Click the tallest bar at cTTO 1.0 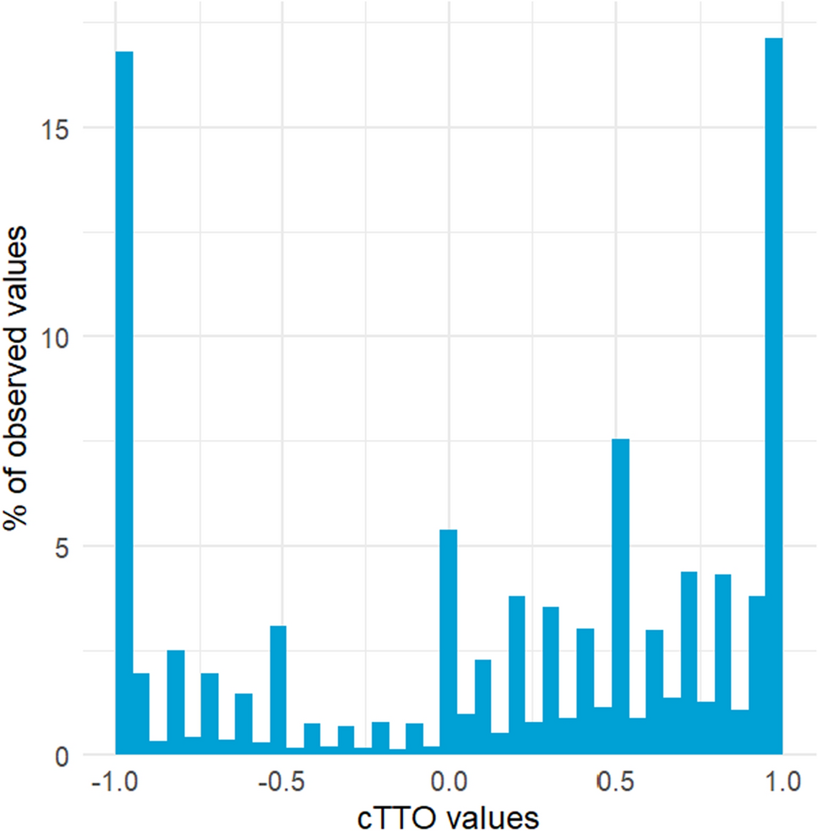(x=773, y=397)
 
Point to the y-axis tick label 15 (x=57, y=128)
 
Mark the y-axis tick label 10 (x=57, y=337)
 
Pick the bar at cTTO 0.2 (x=517, y=676)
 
